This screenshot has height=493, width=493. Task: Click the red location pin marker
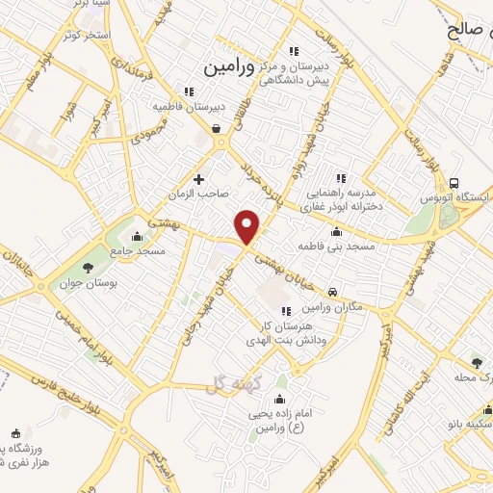coord(248,226)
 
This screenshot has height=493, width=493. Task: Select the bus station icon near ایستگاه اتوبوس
coord(454,183)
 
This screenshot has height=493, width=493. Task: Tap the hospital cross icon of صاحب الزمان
coord(199,178)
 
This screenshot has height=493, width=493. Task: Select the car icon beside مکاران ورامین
coord(332,290)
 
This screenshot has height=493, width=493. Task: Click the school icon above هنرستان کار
coord(285,310)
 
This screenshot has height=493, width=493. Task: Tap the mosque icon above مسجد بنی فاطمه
coord(335,231)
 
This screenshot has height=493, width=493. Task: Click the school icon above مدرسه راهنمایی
coord(339,177)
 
